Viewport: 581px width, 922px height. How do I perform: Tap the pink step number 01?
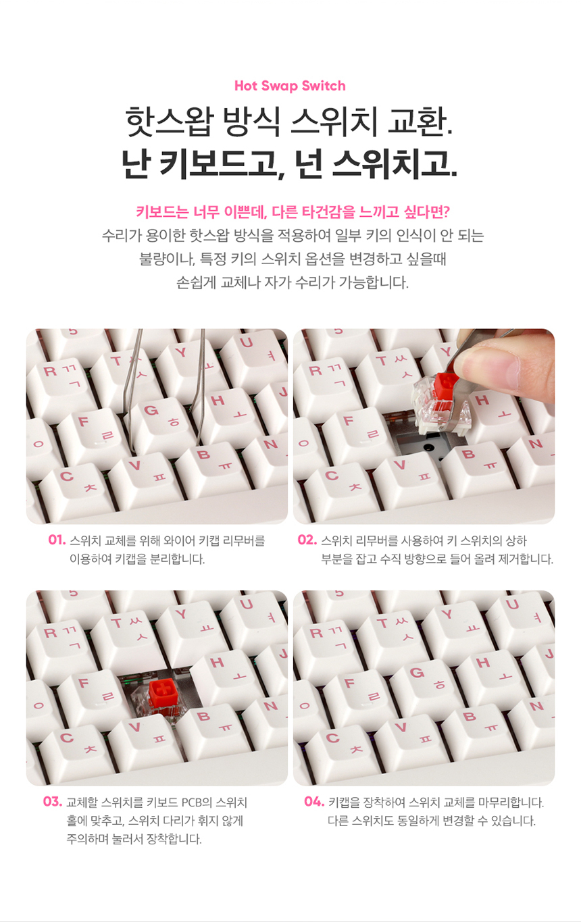click(x=57, y=540)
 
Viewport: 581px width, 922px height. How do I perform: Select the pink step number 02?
click(x=307, y=540)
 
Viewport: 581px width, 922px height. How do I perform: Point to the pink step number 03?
click(x=53, y=802)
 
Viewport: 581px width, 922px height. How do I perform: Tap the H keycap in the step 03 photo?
click(x=228, y=675)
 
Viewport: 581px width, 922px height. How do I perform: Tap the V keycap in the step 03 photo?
click(x=145, y=739)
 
